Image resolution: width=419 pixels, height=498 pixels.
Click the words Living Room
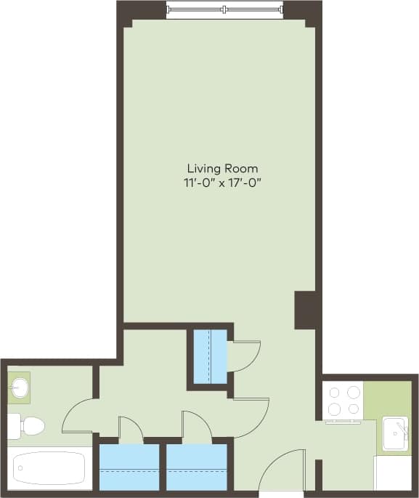coord(222,169)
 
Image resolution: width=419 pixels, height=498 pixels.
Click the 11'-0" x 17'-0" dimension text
coord(222,182)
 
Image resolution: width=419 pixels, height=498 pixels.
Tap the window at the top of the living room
coord(224,9)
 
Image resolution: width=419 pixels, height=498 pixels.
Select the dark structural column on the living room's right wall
coord(306,310)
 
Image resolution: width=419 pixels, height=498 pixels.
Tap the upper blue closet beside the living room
coord(210,356)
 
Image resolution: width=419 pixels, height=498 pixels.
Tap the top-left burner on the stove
coord(335,392)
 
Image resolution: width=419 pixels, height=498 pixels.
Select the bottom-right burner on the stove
coord(353,409)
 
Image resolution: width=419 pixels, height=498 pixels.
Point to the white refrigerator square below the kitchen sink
coord(393,473)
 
